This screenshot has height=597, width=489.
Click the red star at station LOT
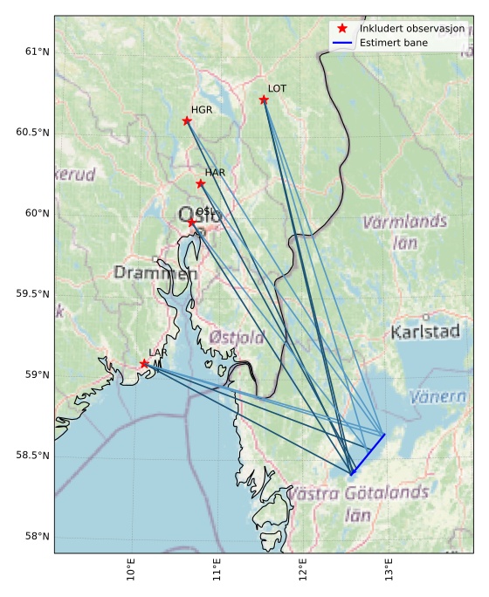pyautogui.click(x=264, y=99)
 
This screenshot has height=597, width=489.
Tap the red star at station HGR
pyautogui.click(x=187, y=120)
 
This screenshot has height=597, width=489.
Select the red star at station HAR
pyautogui.click(x=201, y=183)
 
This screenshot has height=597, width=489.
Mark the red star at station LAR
pyautogui.click(x=144, y=363)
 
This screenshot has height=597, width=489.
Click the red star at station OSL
pyautogui.click(x=192, y=222)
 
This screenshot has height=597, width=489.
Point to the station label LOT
pyautogui.click(x=277, y=89)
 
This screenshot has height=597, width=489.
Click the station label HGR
pyautogui.click(x=201, y=110)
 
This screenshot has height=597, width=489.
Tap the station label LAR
pyautogui.click(x=157, y=353)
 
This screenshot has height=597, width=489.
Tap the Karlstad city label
pyautogui.click(x=425, y=332)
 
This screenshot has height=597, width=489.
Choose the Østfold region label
pyautogui.click(x=237, y=337)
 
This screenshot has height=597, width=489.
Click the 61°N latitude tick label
pyautogui.click(x=36, y=51)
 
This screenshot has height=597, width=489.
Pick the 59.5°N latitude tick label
pyautogui.click(x=32, y=294)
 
